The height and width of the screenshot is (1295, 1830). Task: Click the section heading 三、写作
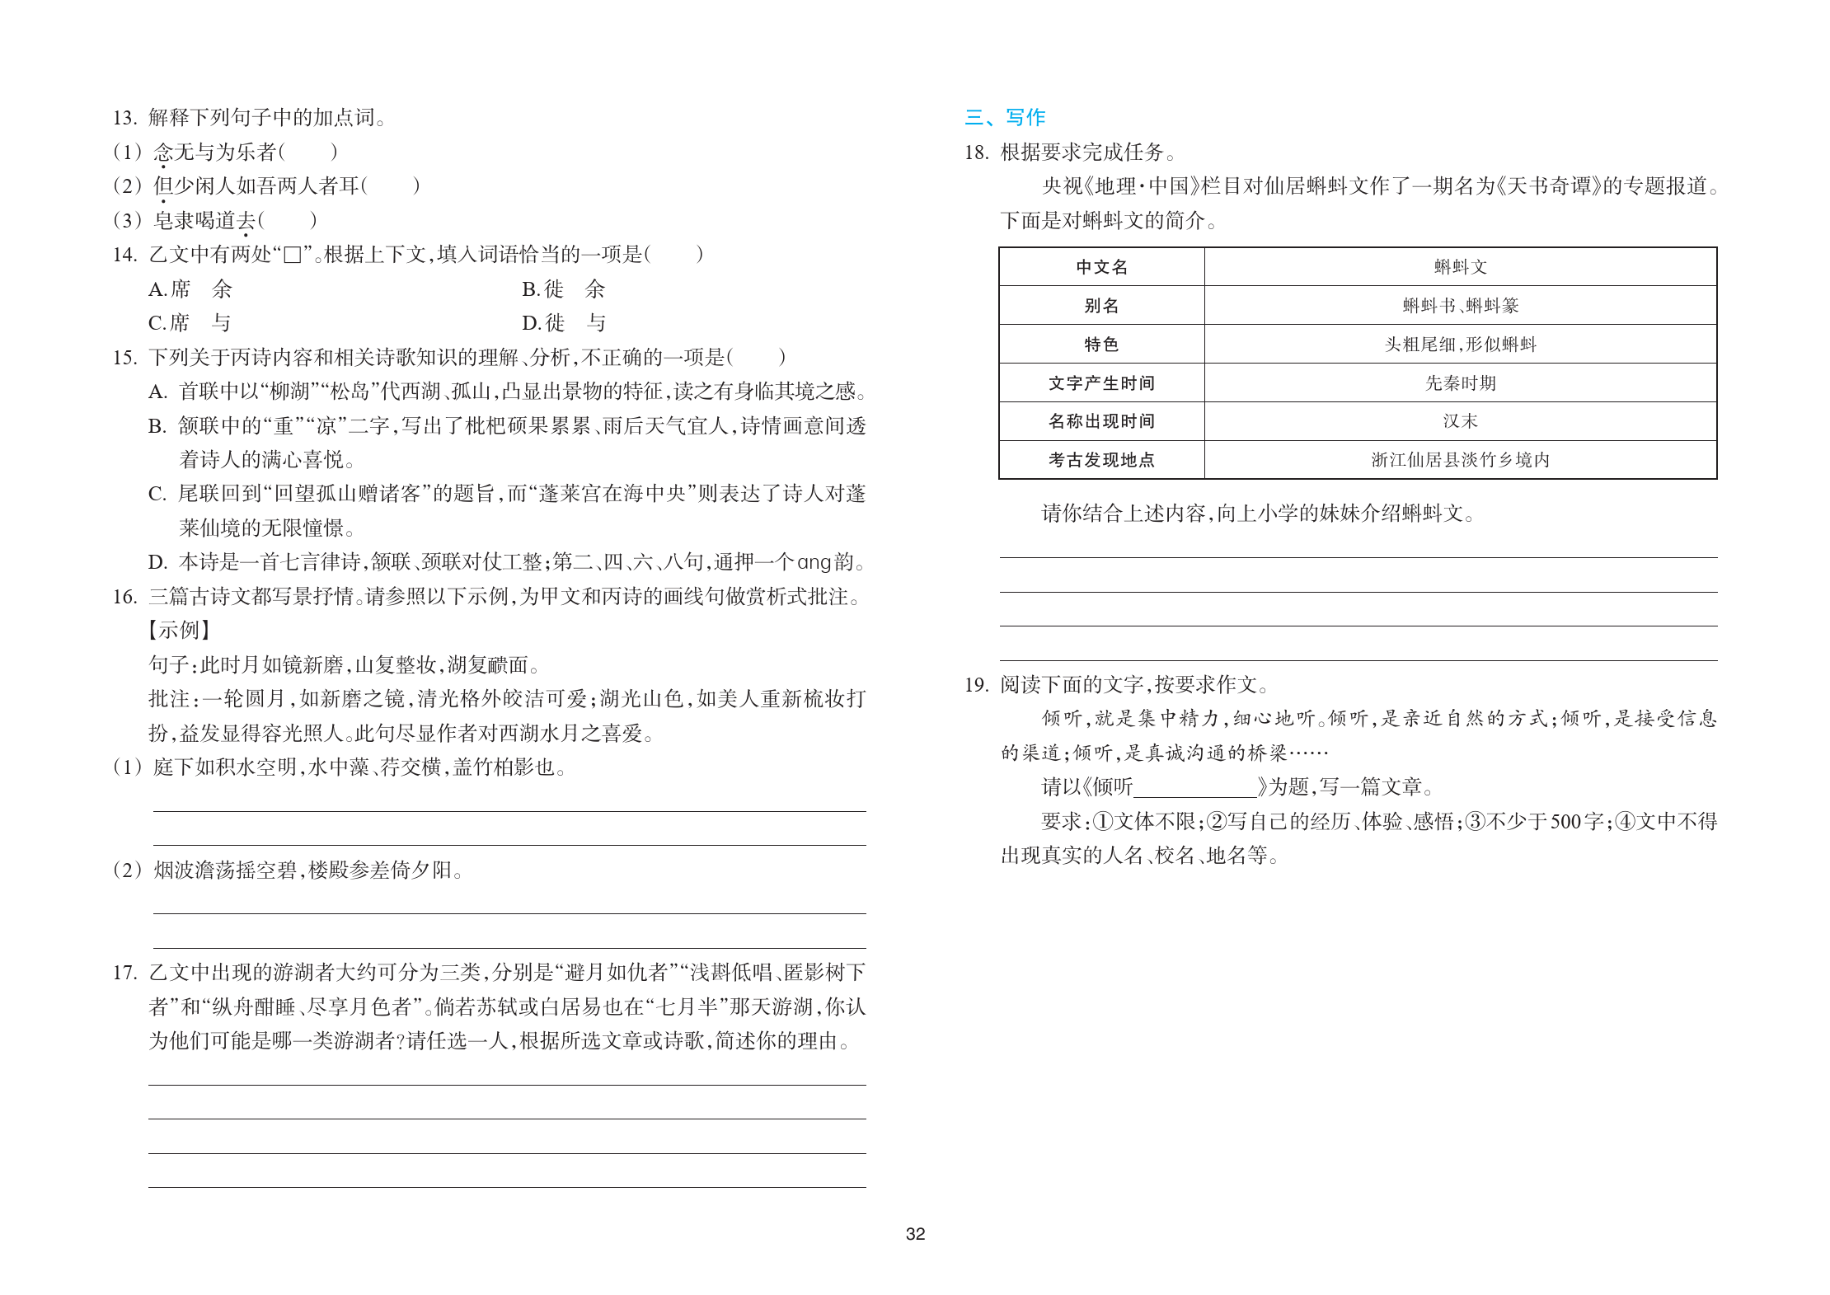(1005, 117)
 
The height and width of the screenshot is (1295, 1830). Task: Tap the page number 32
(915, 1233)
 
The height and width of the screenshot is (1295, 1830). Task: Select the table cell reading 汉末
(1460, 421)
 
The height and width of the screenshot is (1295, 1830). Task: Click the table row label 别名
(1101, 306)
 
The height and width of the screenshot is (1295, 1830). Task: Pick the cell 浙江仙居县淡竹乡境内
(1460, 460)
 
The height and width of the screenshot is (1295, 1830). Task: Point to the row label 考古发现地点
(1101, 460)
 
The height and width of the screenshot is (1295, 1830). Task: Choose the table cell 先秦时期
(1460, 383)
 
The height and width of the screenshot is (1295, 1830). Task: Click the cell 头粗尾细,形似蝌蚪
(1460, 345)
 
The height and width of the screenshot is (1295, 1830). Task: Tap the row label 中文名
(1101, 267)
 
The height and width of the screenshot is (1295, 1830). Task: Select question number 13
(124, 118)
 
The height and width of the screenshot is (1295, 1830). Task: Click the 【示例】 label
(180, 631)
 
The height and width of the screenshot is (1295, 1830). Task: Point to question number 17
(124, 973)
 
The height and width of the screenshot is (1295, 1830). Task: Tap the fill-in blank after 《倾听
(1194, 787)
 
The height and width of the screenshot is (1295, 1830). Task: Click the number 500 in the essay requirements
(1565, 822)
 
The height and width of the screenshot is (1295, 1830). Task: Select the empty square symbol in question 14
(292, 255)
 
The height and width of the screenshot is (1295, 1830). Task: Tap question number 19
(976, 685)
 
